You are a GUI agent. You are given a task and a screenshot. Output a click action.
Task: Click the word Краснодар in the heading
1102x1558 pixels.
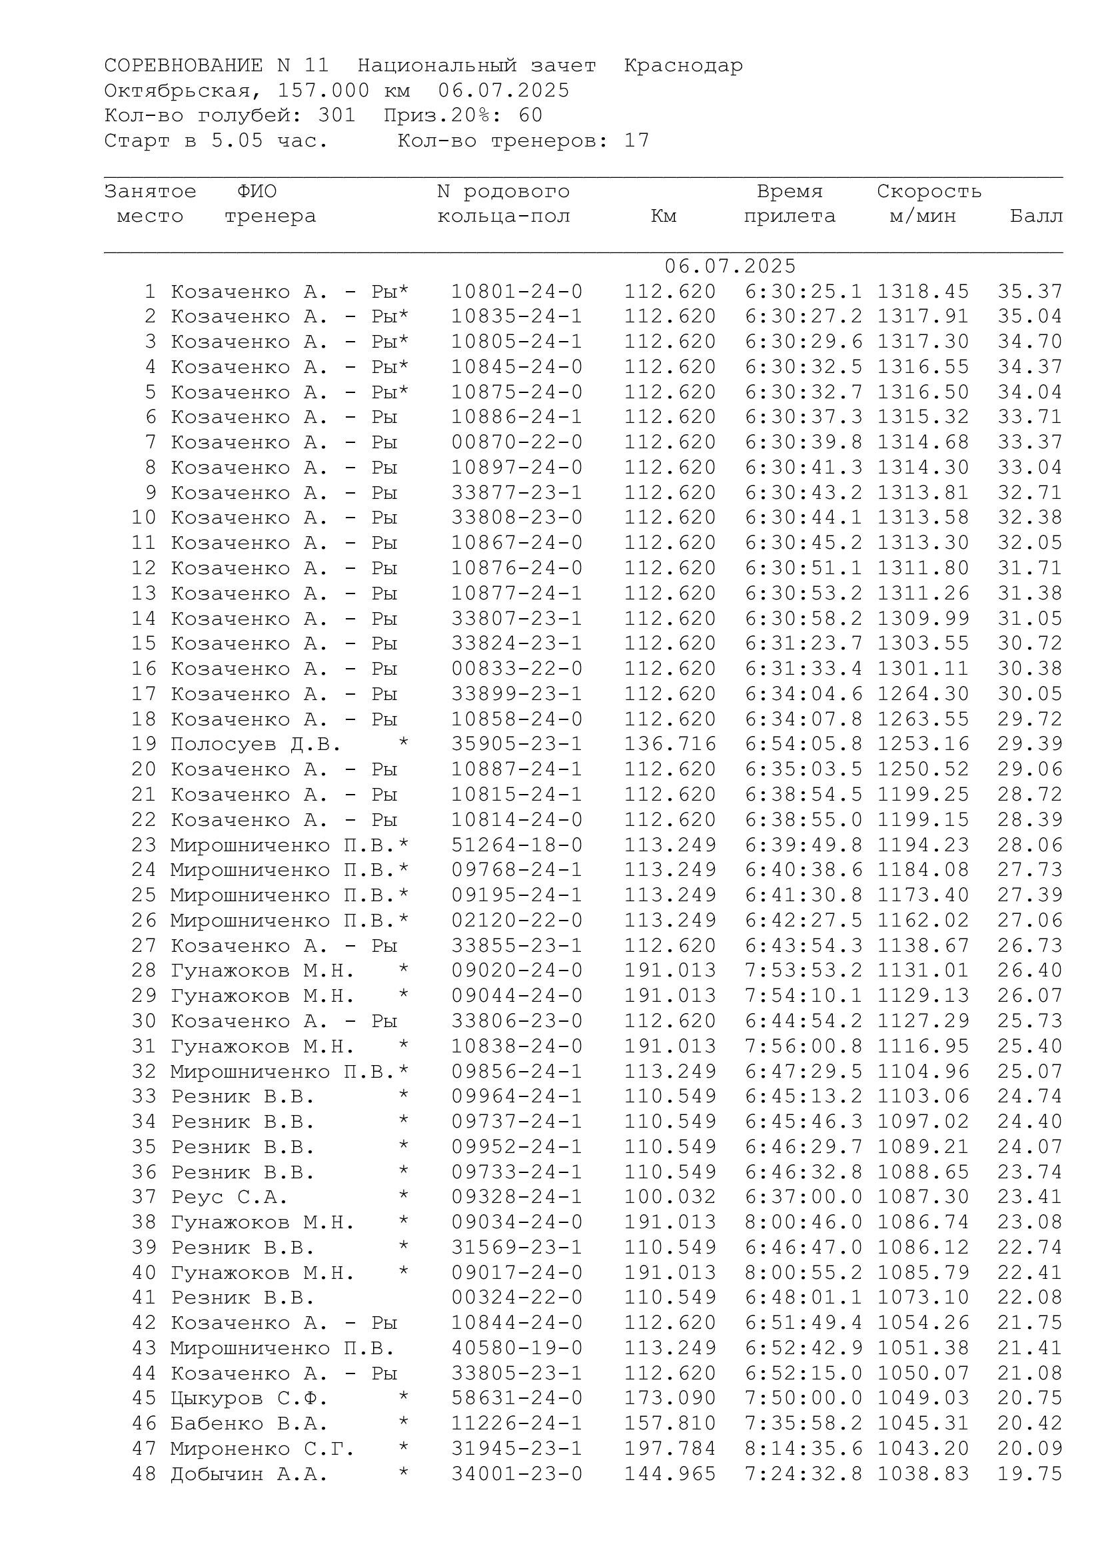tap(684, 66)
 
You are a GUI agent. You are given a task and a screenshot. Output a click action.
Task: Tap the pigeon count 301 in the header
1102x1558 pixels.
tap(336, 115)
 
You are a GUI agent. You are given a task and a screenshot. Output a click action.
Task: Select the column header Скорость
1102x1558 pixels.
tap(929, 191)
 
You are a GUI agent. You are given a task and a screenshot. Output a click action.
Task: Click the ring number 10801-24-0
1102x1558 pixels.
tap(517, 292)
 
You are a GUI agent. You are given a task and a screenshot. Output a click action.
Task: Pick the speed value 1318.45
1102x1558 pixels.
tap(923, 292)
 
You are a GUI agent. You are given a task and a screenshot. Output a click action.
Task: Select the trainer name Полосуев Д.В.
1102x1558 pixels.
tap(255, 745)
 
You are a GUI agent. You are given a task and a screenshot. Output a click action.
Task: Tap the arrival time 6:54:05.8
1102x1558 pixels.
tap(804, 745)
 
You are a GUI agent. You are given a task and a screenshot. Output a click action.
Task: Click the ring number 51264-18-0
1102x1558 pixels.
tap(517, 845)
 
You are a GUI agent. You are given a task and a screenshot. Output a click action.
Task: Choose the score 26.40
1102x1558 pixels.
tap(1029, 971)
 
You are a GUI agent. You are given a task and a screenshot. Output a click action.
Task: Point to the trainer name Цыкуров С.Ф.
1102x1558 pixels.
tap(249, 1399)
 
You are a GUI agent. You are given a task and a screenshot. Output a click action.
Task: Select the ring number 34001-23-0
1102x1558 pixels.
tap(517, 1474)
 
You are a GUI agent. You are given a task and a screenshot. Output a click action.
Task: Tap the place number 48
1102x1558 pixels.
tap(144, 1474)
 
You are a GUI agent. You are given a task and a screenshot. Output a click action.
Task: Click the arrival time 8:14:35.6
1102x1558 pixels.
tap(804, 1449)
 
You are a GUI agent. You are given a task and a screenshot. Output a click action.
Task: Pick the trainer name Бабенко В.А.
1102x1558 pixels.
tap(249, 1423)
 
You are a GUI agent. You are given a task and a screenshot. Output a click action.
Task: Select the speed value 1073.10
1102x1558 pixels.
tap(923, 1298)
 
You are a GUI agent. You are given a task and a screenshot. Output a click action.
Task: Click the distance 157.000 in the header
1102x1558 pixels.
tap(324, 91)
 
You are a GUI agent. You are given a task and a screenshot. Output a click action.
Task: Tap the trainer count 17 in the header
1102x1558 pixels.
tap(636, 141)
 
